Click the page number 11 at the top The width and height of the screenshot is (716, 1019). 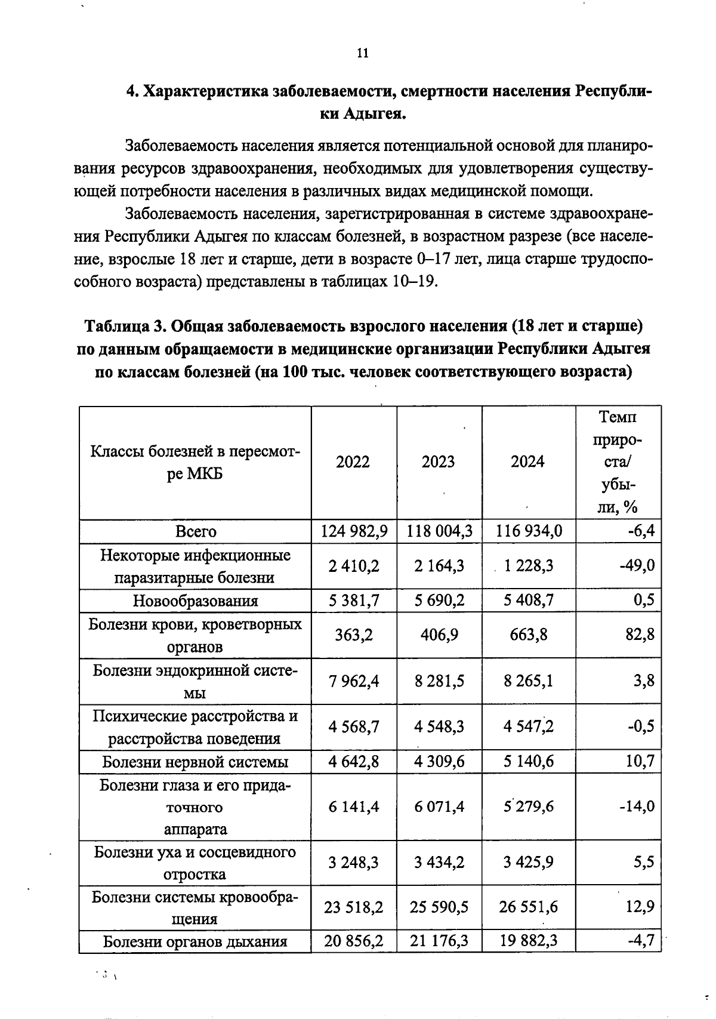pyautogui.click(x=362, y=53)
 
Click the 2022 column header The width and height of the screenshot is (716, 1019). pyautogui.click(x=353, y=461)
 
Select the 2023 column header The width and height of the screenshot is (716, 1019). pyautogui.click(x=438, y=461)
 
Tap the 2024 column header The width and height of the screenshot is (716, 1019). pyautogui.click(x=527, y=461)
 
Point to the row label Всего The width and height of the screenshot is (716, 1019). pyautogui.click(x=196, y=531)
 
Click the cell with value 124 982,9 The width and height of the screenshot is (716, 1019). pyautogui.click(x=354, y=531)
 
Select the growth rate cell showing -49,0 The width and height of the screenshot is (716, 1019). pyautogui.click(x=637, y=565)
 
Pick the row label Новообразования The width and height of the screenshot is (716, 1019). pyautogui.click(x=196, y=601)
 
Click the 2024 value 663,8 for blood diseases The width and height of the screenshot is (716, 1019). pyautogui.click(x=528, y=635)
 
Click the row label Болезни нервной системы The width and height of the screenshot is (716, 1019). pyautogui.click(x=196, y=762)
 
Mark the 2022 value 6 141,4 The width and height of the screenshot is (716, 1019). pyautogui.click(x=354, y=806)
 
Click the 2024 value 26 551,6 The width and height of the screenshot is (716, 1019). pyautogui.click(x=528, y=907)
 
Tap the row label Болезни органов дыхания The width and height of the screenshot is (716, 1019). pyautogui.click(x=196, y=942)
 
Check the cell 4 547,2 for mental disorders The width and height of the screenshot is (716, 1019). pyautogui.click(x=528, y=726)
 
